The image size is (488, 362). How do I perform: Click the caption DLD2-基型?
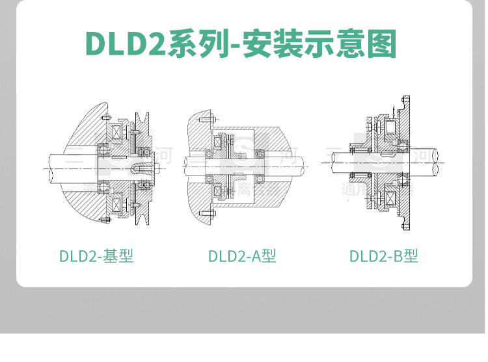pos(96,256)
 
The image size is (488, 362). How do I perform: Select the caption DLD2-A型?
pos(242,256)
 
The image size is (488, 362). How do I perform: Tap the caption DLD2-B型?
pos(383,256)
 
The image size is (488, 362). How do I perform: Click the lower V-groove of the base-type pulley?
pos(140,215)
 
